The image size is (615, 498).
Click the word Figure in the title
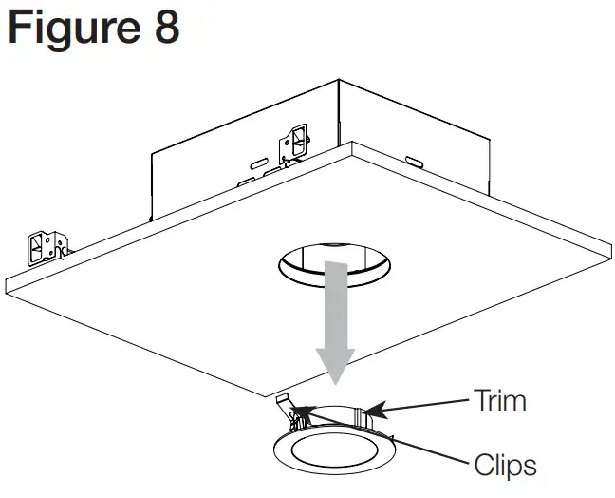click(x=72, y=29)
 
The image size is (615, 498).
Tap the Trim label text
click(x=499, y=400)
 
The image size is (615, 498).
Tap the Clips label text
click(x=505, y=466)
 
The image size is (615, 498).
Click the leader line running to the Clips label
click(x=399, y=443)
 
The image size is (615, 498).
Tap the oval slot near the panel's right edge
click(x=415, y=163)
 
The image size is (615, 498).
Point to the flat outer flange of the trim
click(x=285, y=455)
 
